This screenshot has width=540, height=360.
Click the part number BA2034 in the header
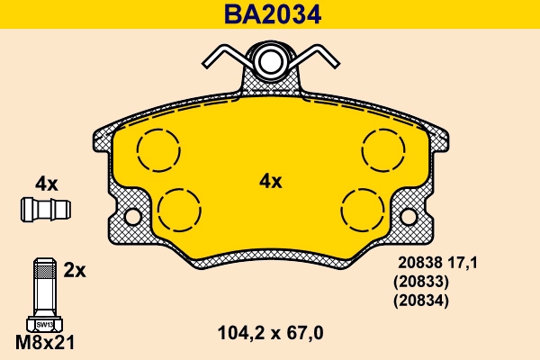click(x=271, y=14)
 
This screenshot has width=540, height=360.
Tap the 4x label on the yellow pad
click(x=271, y=181)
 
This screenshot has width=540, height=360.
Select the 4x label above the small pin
click(x=46, y=184)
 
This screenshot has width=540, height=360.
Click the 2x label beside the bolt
click(x=74, y=269)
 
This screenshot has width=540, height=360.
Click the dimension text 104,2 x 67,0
click(x=271, y=333)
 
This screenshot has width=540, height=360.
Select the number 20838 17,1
click(x=436, y=263)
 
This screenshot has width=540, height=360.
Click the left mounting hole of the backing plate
click(x=133, y=217)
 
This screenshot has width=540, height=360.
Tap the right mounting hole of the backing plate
click(x=409, y=217)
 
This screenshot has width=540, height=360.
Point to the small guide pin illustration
click(x=46, y=209)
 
